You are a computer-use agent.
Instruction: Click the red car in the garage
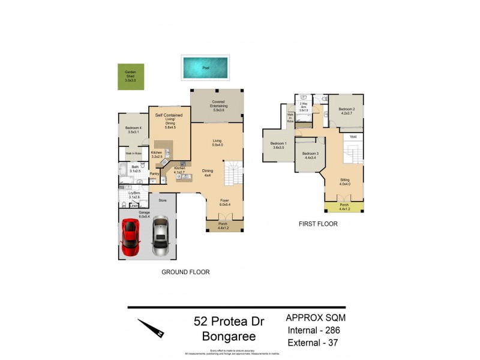coord(131,236)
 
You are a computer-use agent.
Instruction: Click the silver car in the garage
coord(160,236)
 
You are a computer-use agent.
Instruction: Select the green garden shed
coord(130,77)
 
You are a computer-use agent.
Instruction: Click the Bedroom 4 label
coord(133,130)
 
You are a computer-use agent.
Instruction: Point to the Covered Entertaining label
coord(218,106)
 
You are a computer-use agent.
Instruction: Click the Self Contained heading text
coord(169,115)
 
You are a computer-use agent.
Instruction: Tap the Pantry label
coord(154,174)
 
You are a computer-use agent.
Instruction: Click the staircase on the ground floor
coord(233,174)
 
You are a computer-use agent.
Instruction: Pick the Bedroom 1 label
coord(278,145)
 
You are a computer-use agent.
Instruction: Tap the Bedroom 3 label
coord(310,155)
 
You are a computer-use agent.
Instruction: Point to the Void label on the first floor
coord(353,137)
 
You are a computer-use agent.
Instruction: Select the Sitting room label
coord(344,181)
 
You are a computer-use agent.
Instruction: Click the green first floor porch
coord(344,207)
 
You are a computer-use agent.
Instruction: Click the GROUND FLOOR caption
coord(185,272)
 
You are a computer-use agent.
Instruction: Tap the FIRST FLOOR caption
coord(318,224)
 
